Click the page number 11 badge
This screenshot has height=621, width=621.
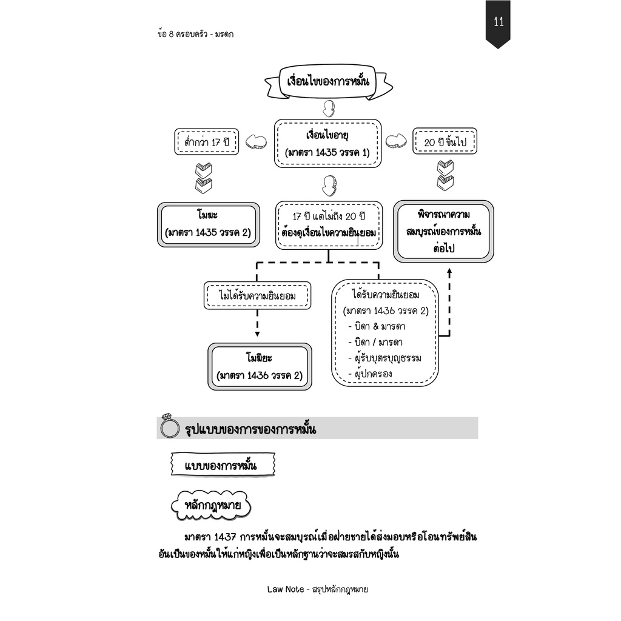498,23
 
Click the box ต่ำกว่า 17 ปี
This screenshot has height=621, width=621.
207,143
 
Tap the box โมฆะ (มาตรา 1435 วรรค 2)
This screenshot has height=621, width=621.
208,224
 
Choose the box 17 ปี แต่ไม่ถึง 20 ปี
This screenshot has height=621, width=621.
329,224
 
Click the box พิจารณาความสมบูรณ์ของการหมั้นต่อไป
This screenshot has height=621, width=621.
444,231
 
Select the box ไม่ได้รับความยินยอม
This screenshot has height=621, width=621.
257,295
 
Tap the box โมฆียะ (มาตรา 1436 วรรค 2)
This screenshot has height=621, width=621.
259,366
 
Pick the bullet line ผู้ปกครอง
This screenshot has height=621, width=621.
373,374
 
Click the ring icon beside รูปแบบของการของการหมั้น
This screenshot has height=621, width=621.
169,428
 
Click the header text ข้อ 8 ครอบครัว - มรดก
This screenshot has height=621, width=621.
195,34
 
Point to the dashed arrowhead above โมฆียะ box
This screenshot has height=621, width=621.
257,333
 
